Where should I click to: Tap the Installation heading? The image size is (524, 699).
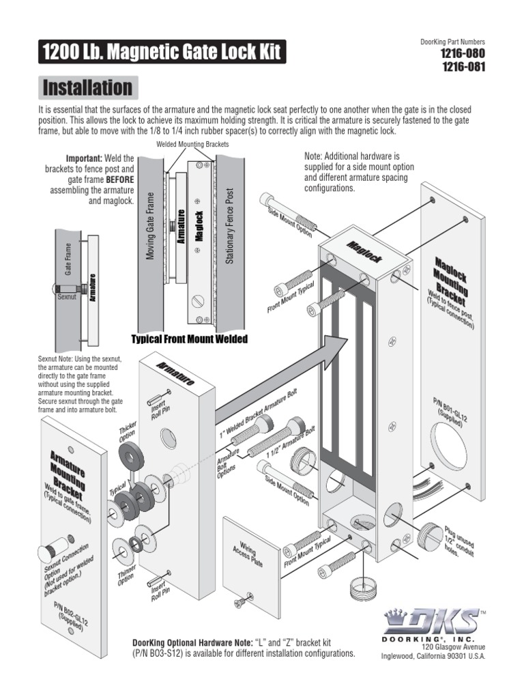point(87,87)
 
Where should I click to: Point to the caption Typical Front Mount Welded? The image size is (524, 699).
point(189,339)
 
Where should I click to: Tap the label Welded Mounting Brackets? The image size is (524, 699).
point(192,145)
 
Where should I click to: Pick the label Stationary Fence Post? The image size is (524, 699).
point(229,226)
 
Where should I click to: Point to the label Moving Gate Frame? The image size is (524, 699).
point(151,226)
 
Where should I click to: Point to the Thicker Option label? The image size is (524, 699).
point(128,432)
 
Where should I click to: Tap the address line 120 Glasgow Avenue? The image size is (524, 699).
point(453,646)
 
